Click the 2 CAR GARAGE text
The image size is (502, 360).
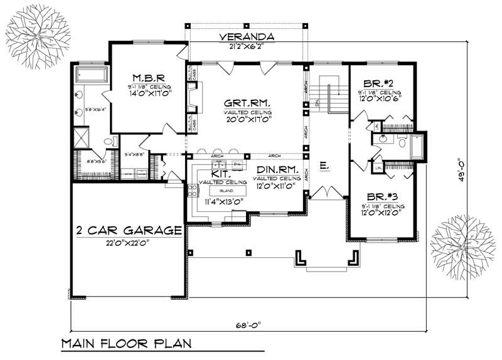pyautogui.click(x=129, y=230)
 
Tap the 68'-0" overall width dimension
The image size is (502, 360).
pyautogui.click(x=247, y=324)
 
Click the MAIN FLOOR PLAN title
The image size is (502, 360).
pyautogui.click(x=125, y=344)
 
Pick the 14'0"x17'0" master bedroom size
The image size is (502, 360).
pyautogui.click(x=149, y=93)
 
